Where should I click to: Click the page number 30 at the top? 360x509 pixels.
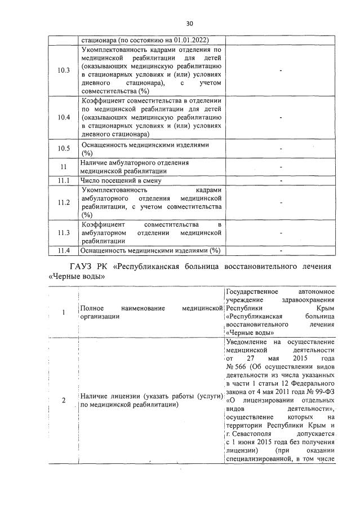(x=189, y=23)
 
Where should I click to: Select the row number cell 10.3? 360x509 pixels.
(x=64, y=70)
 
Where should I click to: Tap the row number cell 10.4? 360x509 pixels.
(x=64, y=117)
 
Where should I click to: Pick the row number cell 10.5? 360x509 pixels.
(x=64, y=149)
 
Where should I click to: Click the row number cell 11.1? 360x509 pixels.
(x=64, y=180)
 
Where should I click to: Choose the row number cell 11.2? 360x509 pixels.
(x=64, y=202)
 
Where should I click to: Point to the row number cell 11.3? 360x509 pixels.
(x=64, y=232)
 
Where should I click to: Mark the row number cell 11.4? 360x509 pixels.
(x=64, y=250)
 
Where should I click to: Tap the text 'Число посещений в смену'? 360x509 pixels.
(x=121, y=180)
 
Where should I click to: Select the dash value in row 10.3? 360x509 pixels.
(x=281, y=70)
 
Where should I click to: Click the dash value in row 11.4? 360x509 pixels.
(x=281, y=250)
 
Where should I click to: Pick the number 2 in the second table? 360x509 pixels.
(x=63, y=401)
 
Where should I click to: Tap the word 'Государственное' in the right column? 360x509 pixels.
(x=251, y=291)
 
